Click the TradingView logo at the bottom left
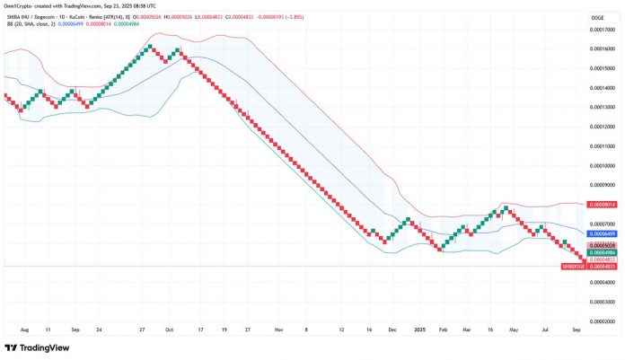pyautogui.click(x=39, y=347)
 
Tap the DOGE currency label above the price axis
pyautogui.click(x=594, y=15)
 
